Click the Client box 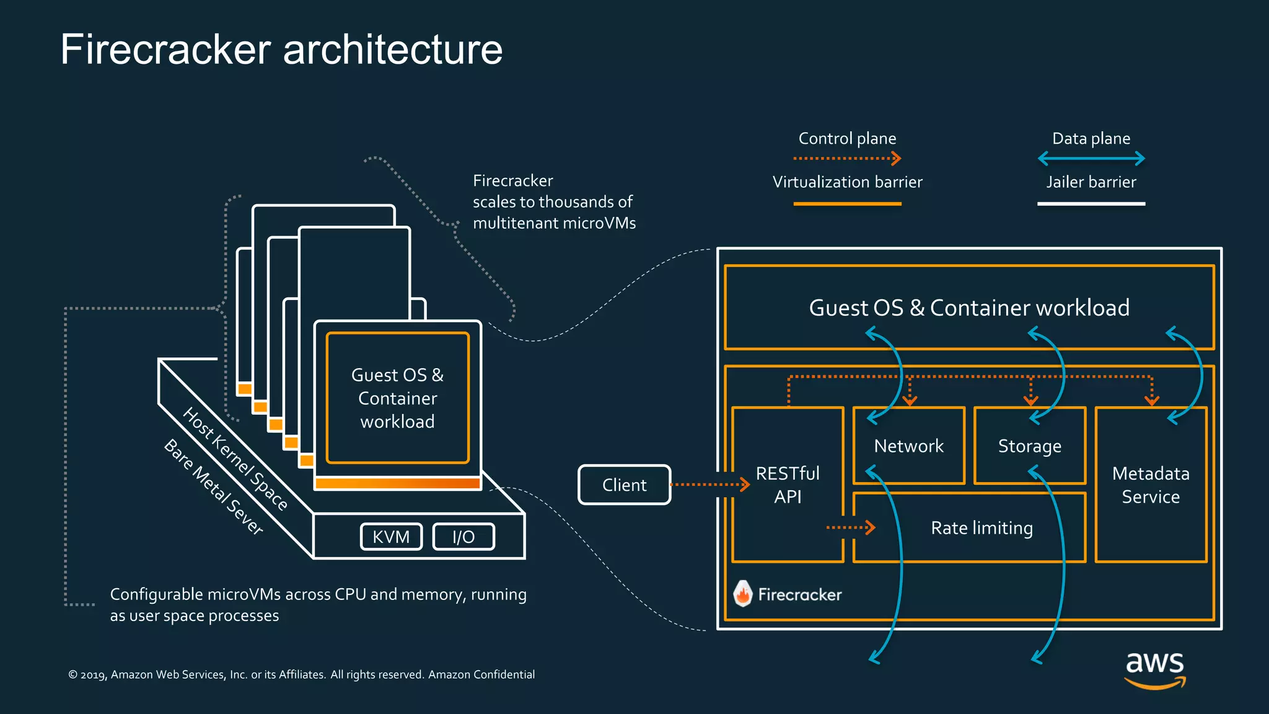[624, 485]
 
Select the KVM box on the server [391, 537]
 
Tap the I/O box [463, 537]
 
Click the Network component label [908, 446]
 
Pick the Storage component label [1029, 446]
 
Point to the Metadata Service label [1151, 485]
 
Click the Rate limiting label [981, 528]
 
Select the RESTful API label [788, 485]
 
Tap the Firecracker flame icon [742, 594]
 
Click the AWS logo [1154, 669]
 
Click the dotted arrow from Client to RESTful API [709, 485]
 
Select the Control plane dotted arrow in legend [847, 159]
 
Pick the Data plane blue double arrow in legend [1091, 159]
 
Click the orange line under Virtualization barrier [847, 203]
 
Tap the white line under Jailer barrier [1091, 203]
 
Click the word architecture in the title [392, 50]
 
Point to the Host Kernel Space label [235, 459]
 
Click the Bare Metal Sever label [214, 487]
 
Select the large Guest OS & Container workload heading [969, 308]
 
